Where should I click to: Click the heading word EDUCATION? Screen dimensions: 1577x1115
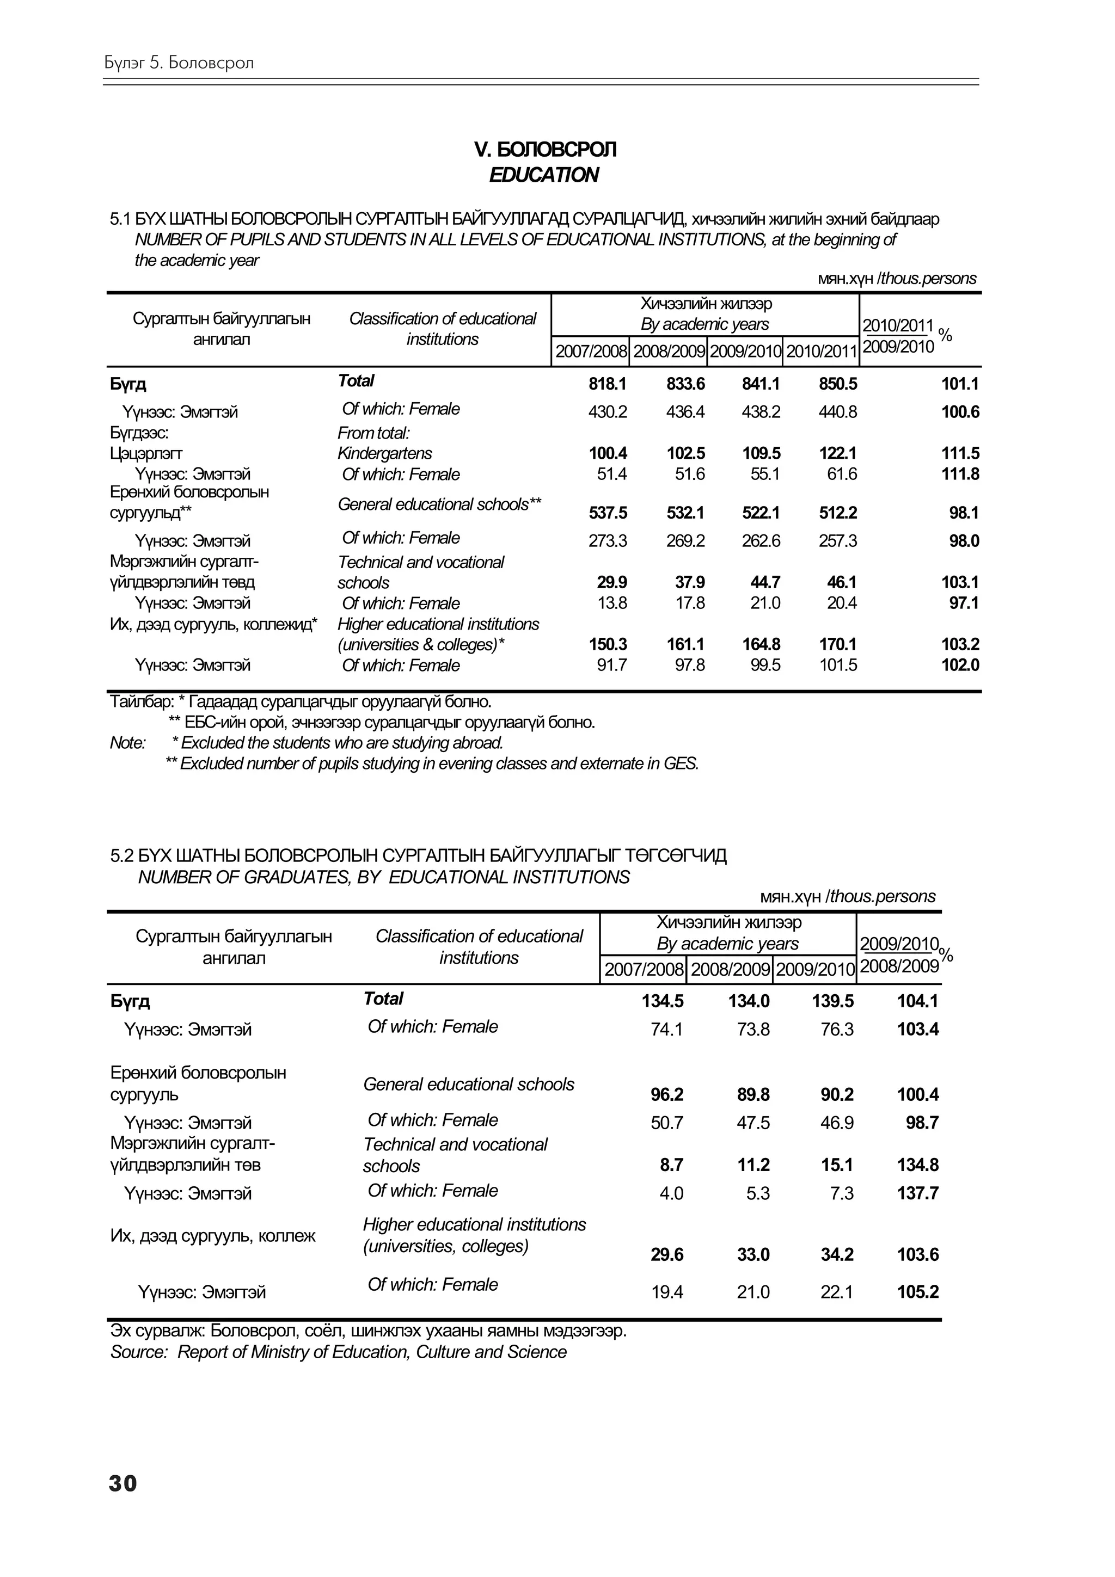[x=543, y=175]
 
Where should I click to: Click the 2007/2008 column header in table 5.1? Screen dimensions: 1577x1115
[x=591, y=352]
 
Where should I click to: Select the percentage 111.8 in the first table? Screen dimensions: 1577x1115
[x=960, y=474]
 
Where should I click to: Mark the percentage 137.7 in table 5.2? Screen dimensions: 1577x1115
[x=917, y=1193]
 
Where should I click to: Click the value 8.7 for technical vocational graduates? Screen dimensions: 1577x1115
[x=671, y=1165]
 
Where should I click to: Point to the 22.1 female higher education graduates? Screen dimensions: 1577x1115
[x=836, y=1292]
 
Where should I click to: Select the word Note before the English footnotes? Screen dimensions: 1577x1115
[x=127, y=743]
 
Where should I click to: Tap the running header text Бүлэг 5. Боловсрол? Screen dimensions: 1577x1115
[x=179, y=63]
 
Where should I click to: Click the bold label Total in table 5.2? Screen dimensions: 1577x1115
[x=383, y=999]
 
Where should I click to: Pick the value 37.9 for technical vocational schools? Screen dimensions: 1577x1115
[x=690, y=582]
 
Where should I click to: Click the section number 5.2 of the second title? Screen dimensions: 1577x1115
[x=121, y=856]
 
